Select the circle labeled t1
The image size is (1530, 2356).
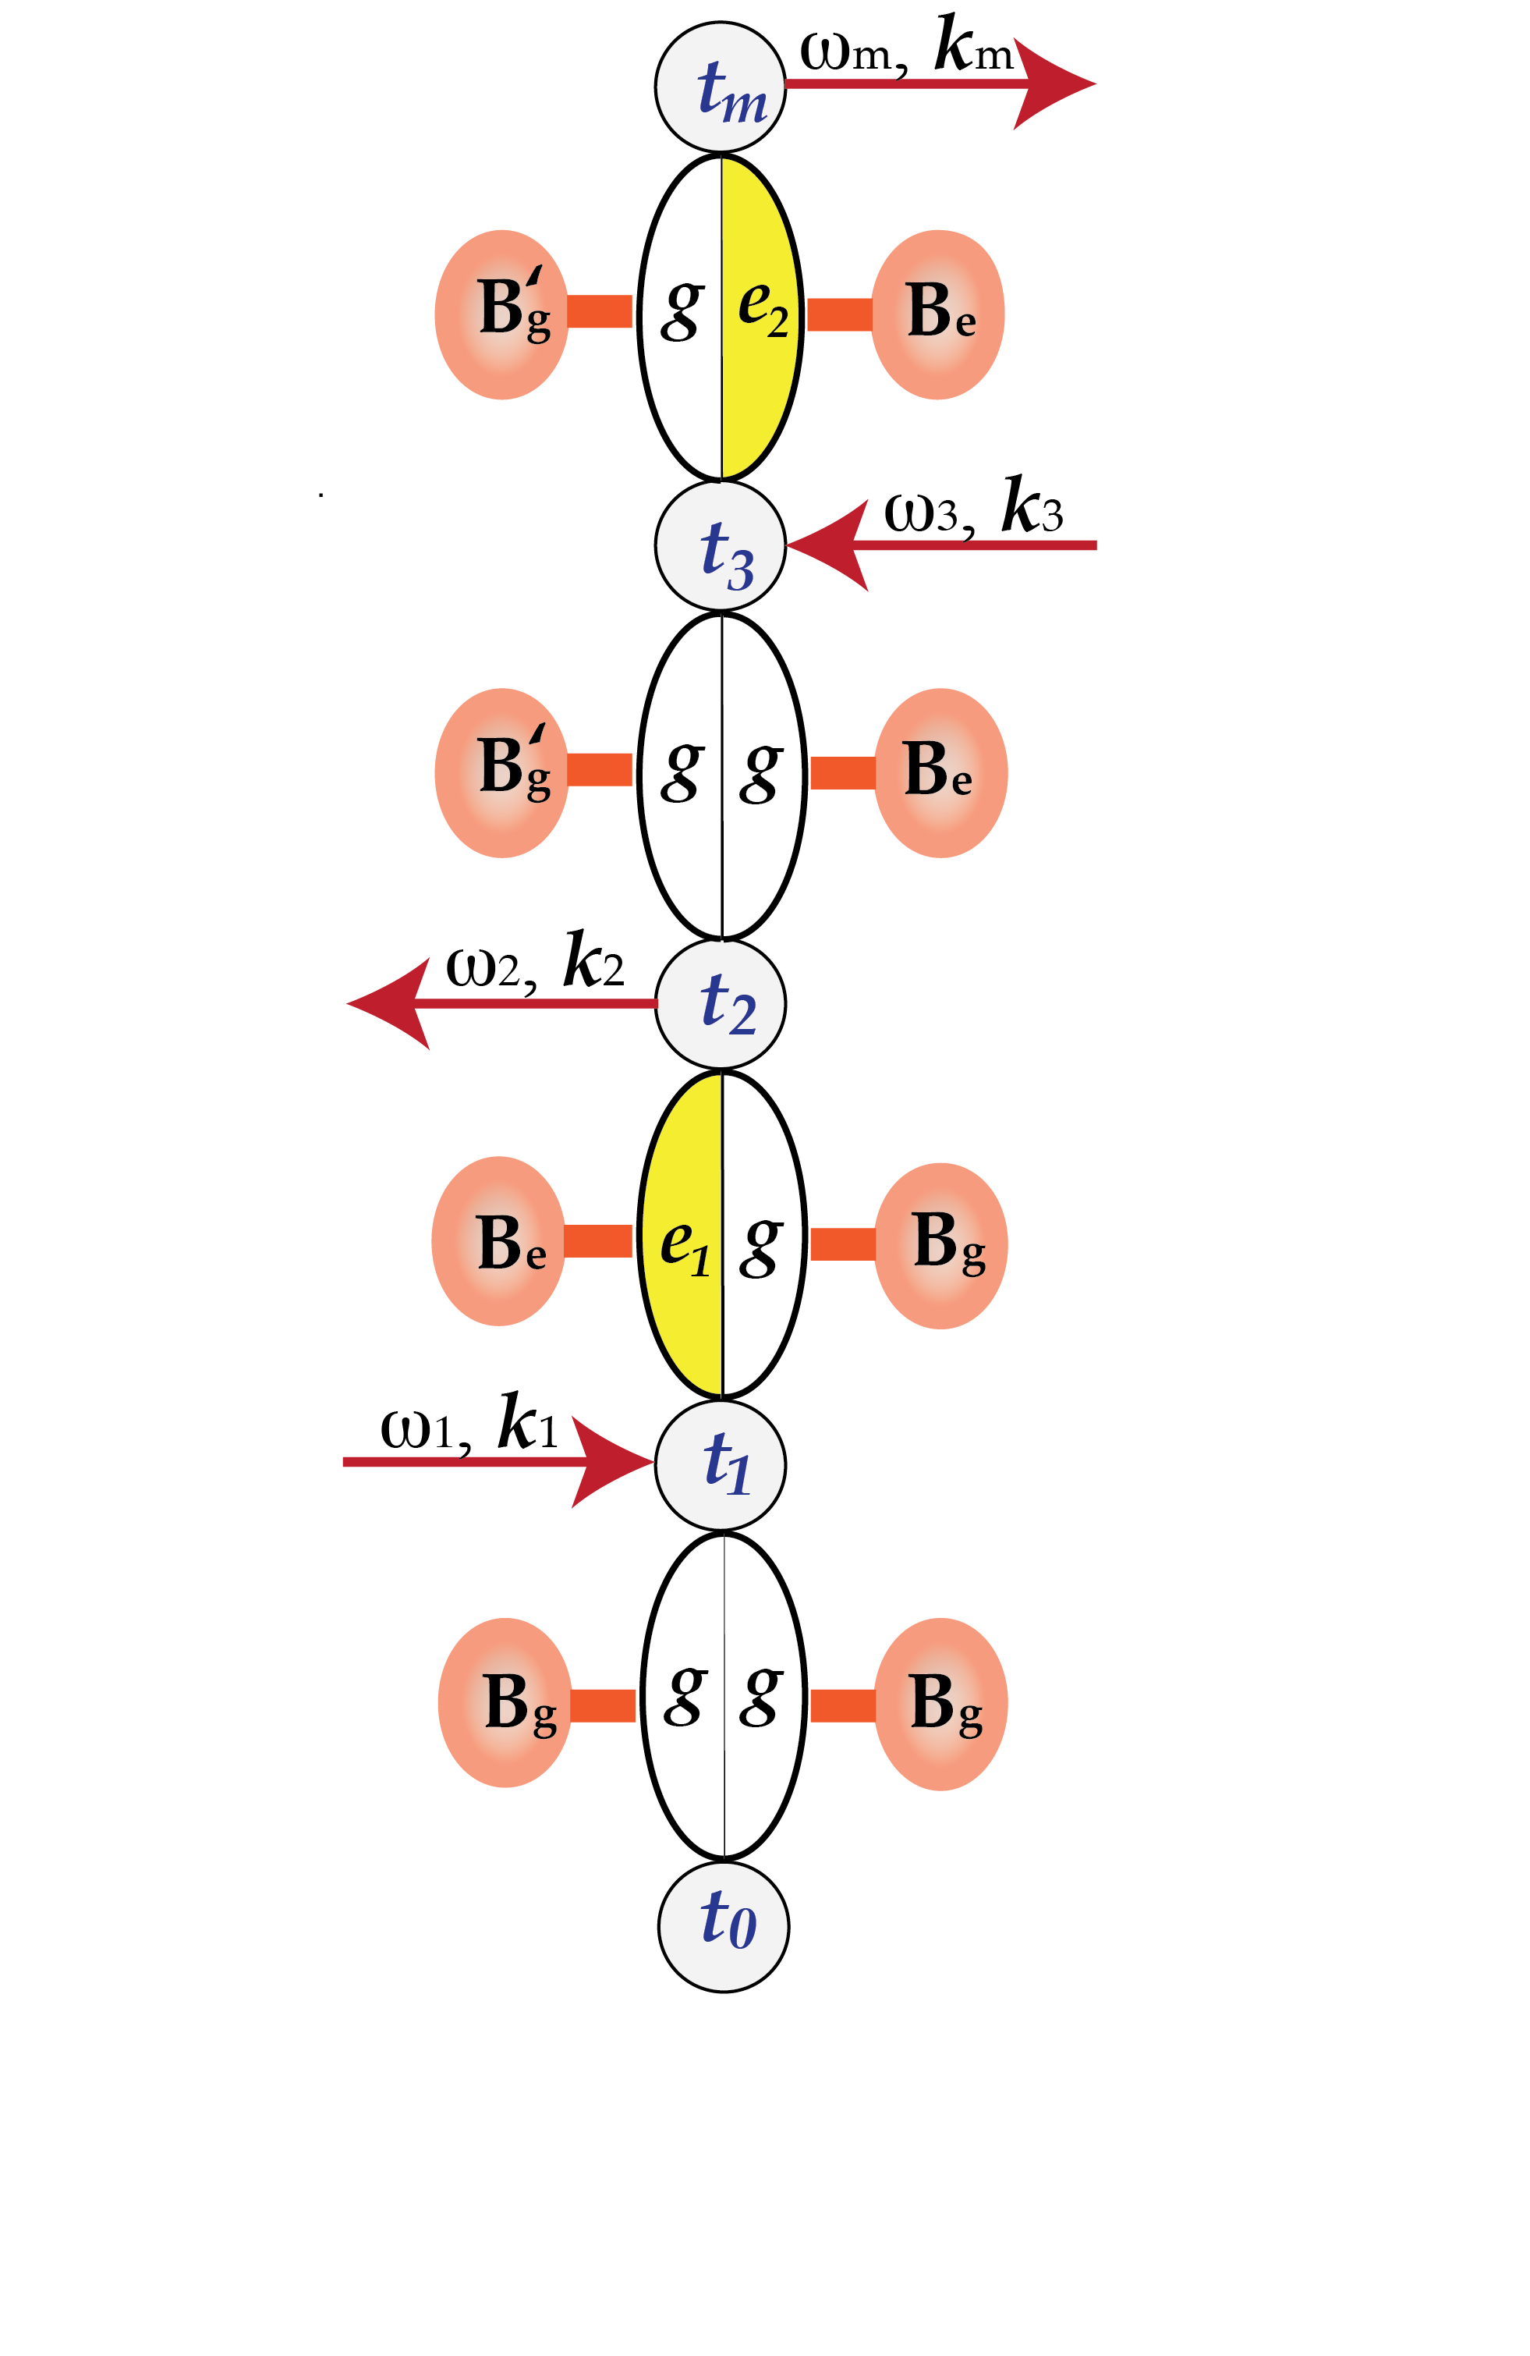tap(720, 1464)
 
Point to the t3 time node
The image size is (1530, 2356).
tap(720, 545)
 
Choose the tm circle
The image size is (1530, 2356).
tap(720, 87)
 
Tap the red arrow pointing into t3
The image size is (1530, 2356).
tap(950, 545)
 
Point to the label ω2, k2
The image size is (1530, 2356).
tap(534, 963)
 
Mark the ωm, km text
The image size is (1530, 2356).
tap(905, 48)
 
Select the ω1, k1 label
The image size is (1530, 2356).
tap(469, 1425)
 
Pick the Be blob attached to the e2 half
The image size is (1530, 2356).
tap(937, 315)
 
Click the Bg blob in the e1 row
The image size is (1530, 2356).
tap(940, 1244)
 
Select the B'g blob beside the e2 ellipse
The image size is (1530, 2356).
tap(501, 315)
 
